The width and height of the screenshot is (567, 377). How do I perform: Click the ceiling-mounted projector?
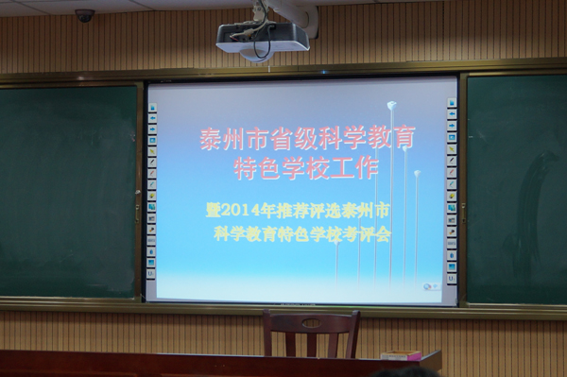pyautogui.click(x=263, y=41)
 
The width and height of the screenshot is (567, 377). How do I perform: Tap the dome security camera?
pyautogui.click(x=85, y=15)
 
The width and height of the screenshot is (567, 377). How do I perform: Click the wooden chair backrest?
pyautogui.click(x=311, y=323)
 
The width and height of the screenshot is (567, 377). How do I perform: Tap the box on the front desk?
pyautogui.click(x=402, y=355)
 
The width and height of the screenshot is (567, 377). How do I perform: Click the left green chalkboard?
pyautogui.click(x=68, y=191)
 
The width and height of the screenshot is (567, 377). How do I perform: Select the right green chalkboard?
pyautogui.click(x=517, y=189)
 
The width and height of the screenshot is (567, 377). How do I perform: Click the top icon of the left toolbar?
pyautogui.click(x=152, y=108)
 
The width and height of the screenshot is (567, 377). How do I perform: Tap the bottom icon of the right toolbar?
pyautogui.click(x=452, y=279)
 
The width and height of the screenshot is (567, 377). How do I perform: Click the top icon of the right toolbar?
pyautogui.click(x=452, y=103)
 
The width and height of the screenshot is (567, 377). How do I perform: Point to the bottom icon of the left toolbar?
pyautogui.click(x=151, y=274)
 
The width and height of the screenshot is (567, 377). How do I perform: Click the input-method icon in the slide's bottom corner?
pyautogui.click(x=432, y=286)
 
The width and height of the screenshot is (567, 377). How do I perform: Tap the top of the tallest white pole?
pyautogui.click(x=391, y=105)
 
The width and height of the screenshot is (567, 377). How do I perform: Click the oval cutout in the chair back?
pyautogui.click(x=311, y=322)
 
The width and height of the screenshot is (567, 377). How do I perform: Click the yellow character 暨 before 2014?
pyautogui.click(x=214, y=211)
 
